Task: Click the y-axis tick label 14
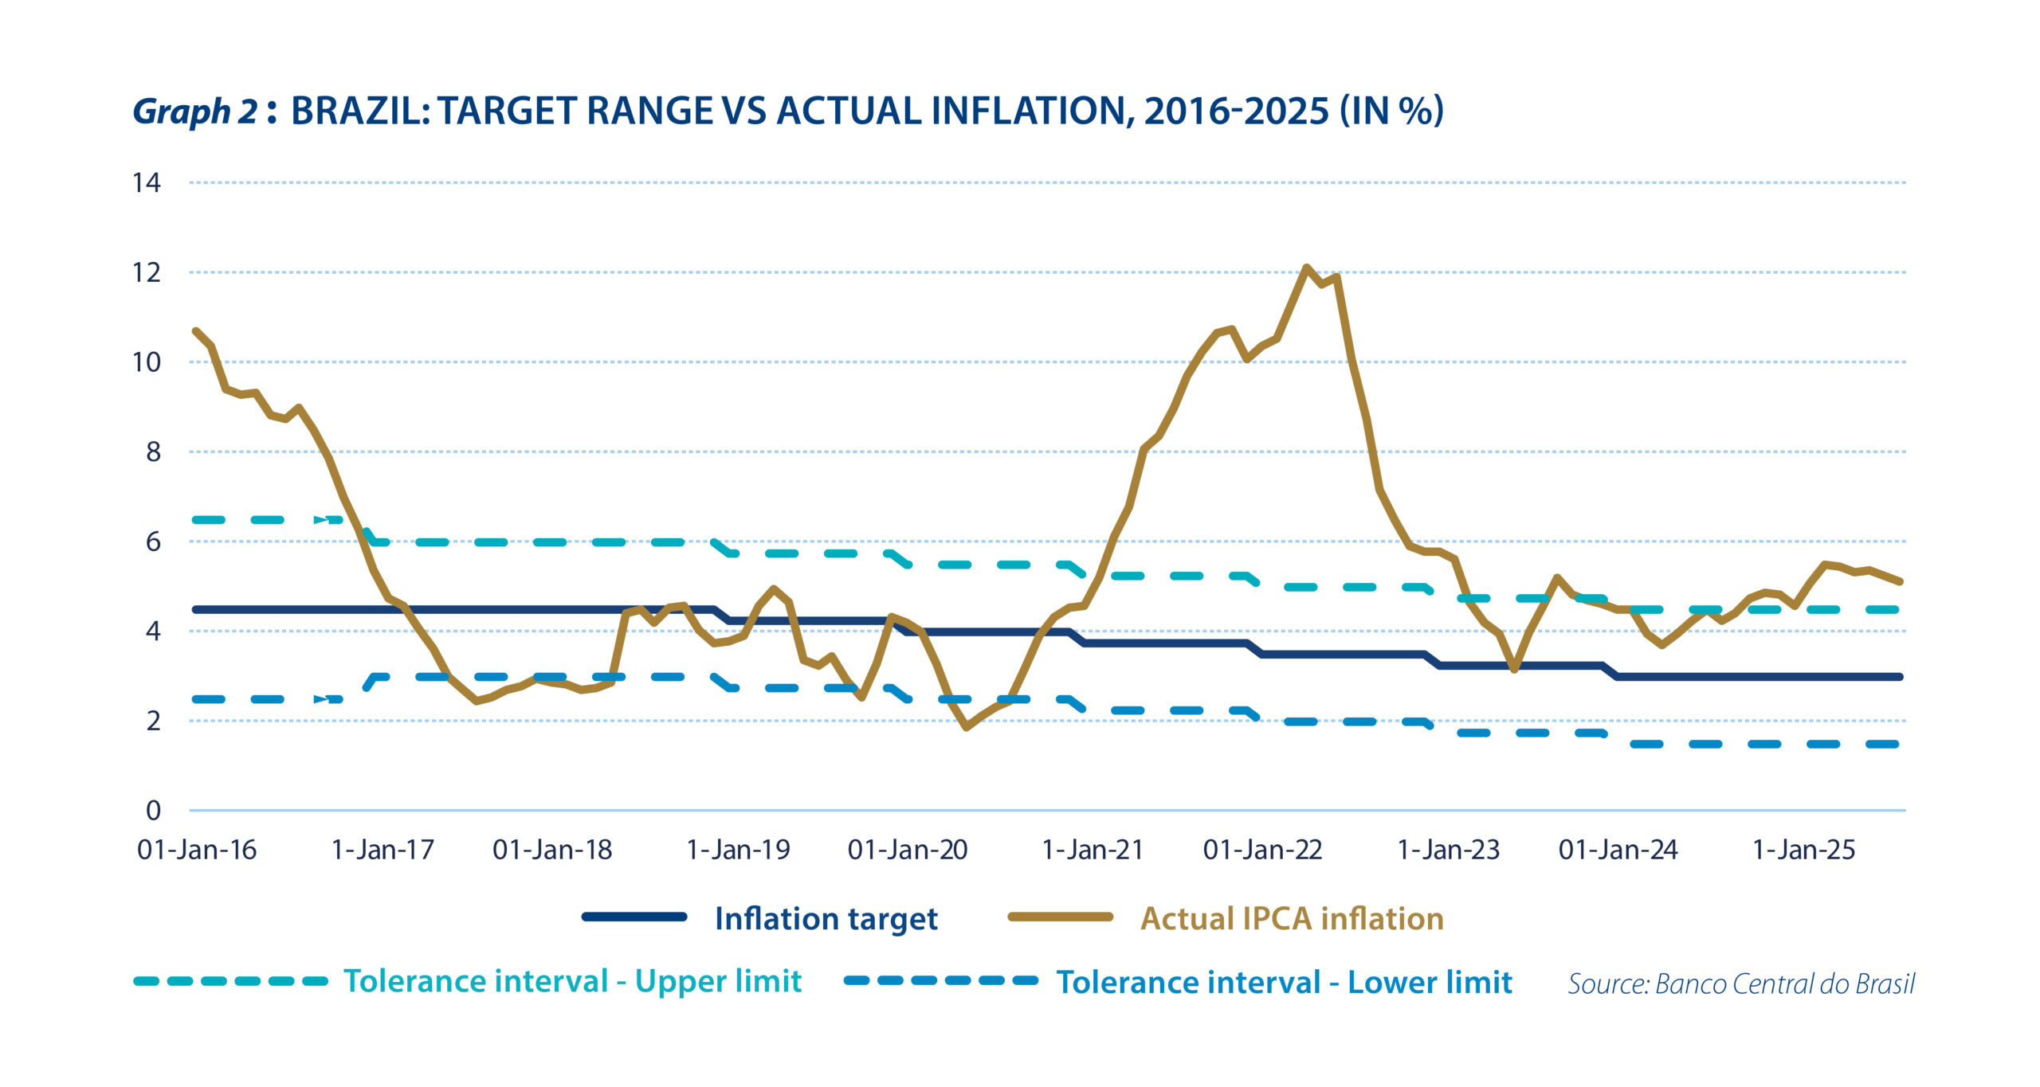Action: (147, 183)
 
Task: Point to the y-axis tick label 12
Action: (147, 273)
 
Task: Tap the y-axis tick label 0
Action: (153, 811)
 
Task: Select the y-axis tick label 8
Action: (153, 452)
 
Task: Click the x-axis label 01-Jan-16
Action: (197, 850)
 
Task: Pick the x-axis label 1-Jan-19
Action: (738, 850)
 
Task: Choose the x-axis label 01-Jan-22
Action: (1262, 850)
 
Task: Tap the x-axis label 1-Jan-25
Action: (1803, 850)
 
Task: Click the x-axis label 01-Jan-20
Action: (908, 850)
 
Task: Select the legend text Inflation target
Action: (826, 919)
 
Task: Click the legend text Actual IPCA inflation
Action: (1292, 919)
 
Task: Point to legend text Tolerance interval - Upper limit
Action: (572, 981)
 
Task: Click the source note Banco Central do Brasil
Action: (1785, 984)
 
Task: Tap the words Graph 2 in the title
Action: (195, 111)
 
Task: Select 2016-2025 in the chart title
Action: (1237, 111)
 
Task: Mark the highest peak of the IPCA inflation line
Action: (1306, 268)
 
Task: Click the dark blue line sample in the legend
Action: (634, 917)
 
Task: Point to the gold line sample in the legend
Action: (1060, 917)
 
